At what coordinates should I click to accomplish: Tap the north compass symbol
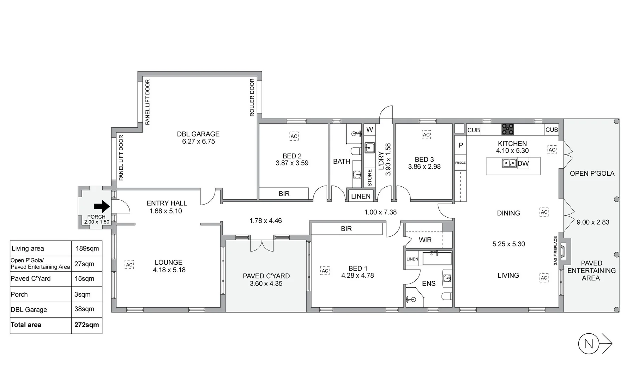[x=589, y=344]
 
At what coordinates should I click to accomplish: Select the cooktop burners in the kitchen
[x=508, y=129]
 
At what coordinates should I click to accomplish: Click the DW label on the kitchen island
[x=523, y=164]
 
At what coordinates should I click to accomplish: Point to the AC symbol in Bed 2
[x=294, y=137]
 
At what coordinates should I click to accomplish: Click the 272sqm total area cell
[x=86, y=325]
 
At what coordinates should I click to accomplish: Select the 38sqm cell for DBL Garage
[x=84, y=309]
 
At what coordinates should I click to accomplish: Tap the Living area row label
[x=28, y=248]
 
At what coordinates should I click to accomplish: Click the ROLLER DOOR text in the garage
[x=252, y=97]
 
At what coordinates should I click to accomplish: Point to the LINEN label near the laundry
[x=361, y=196]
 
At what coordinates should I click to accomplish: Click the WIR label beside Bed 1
[x=425, y=240]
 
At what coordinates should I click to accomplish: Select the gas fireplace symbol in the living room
[x=564, y=252]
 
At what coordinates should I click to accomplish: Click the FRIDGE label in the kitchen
[x=460, y=163]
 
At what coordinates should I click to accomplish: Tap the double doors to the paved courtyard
[x=262, y=245]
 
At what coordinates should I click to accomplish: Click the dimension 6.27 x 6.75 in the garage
[x=198, y=141]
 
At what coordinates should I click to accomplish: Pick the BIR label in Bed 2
[x=284, y=194]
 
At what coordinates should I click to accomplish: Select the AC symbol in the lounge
[x=129, y=265]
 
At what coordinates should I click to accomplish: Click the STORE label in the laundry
[x=369, y=178]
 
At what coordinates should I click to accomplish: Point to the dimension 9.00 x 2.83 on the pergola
[x=593, y=222]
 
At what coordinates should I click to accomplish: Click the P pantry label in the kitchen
[x=461, y=145]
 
